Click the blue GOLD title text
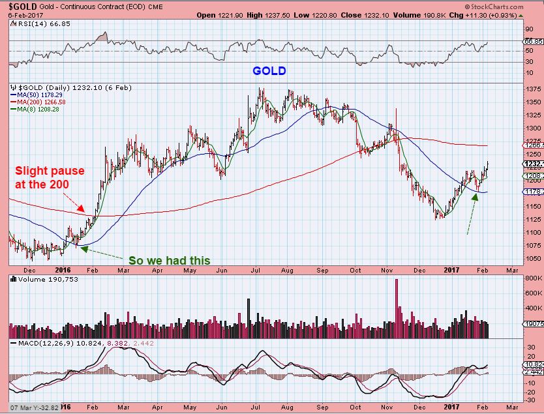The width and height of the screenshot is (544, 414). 269,70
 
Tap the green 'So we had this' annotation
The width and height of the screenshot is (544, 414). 170,260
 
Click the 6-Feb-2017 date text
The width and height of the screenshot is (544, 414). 22,14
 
